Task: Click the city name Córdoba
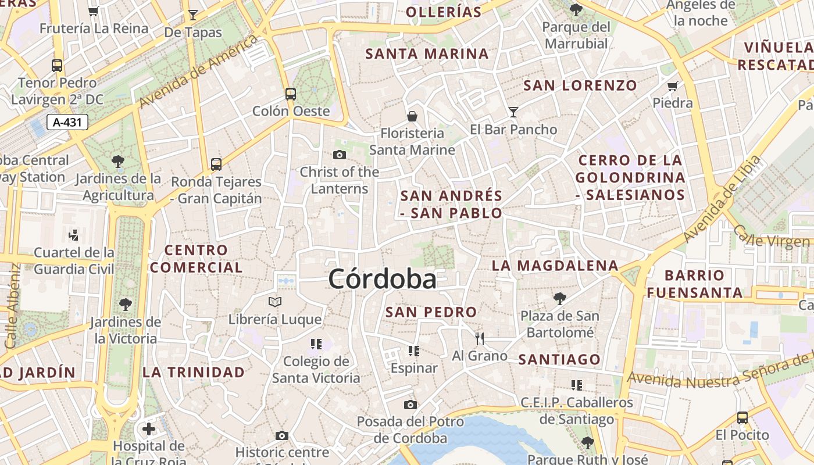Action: tap(382, 280)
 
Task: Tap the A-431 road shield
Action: tap(67, 122)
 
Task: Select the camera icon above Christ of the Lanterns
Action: tap(340, 155)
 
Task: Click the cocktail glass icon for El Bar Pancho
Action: tap(513, 112)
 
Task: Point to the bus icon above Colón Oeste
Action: tap(291, 94)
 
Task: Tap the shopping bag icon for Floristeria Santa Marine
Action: tap(412, 116)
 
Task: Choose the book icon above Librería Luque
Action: tap(275, 302)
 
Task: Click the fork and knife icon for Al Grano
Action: tap(480, 338)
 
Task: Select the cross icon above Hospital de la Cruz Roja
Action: tap(149, 429)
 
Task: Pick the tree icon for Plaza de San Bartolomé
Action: tap(560, 299)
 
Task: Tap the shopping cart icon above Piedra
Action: tap(673, 86)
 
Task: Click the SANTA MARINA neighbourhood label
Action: tap(427, 54)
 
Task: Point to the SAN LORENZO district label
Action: tap(580, 85)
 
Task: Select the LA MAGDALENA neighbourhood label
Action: tap(555, 266)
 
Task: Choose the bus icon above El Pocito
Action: tap(742, 417)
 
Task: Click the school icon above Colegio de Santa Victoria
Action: tap(316, 344)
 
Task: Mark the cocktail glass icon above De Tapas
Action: tap(193, 15)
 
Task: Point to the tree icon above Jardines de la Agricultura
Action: tap(118, 161)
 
